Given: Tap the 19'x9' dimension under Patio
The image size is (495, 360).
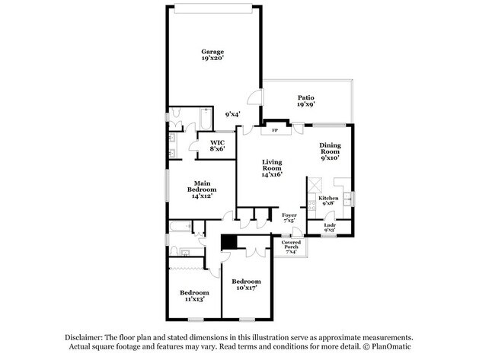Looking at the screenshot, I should [305, 104].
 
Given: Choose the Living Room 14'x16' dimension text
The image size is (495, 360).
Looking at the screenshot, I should [272, 174].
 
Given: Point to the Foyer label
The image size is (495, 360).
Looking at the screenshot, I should [289, 215].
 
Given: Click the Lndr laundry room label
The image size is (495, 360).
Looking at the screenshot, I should [330, 225].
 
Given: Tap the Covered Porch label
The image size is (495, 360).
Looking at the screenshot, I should [292, 245].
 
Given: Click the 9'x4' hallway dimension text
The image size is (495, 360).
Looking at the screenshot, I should [233, 114].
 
